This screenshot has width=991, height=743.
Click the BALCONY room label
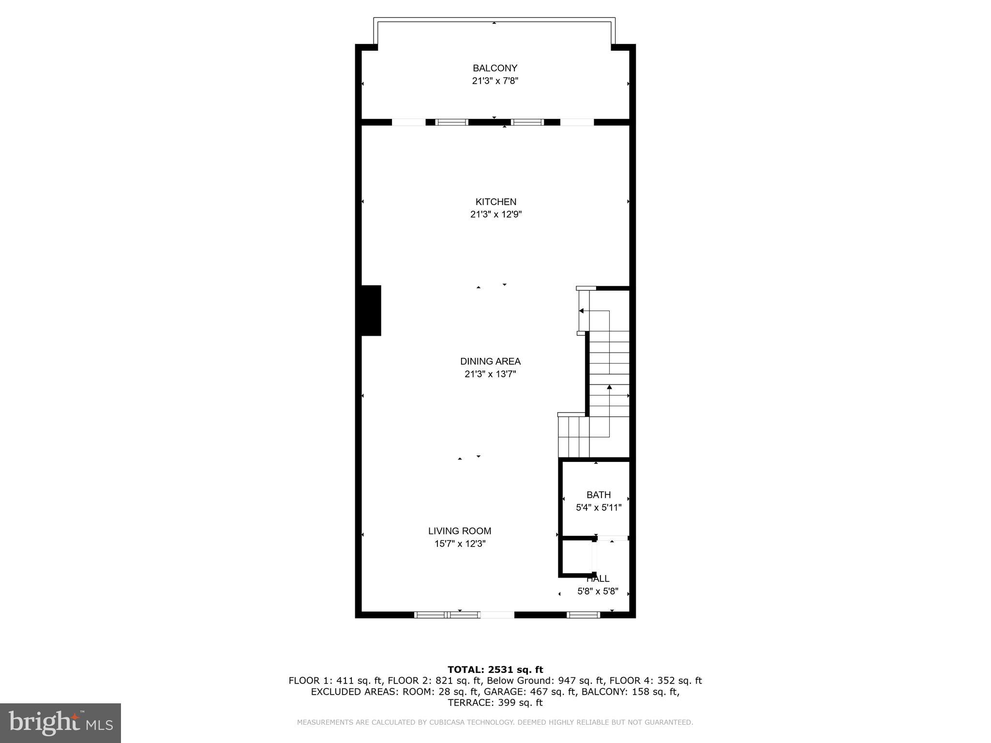click(495, 68)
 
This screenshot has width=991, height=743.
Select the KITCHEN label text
click(495, 202)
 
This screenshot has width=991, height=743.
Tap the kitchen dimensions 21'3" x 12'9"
click(495, 214)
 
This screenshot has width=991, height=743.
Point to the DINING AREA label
click(490, 361)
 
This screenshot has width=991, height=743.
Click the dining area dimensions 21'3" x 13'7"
click(490, 374)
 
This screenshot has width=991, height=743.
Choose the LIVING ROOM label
click(459, 531)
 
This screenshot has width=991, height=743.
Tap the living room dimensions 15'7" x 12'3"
click(460, 544)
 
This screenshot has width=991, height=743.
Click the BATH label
click(599, 495)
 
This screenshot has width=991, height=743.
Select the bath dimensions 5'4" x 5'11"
click(599, 507)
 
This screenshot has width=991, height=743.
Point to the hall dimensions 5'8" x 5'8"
click(598, 591)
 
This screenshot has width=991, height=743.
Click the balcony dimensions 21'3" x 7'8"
click(495, 81)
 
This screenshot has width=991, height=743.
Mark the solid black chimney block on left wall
click(371, 311)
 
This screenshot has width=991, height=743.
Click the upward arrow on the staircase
click(609, 387)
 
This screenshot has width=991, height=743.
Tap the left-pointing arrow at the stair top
click(582, 311)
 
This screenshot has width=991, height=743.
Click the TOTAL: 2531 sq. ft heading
click(495, 669)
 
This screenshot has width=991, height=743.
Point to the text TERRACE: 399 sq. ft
click(495, 703)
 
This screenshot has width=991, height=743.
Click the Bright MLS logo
click(60, 723)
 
